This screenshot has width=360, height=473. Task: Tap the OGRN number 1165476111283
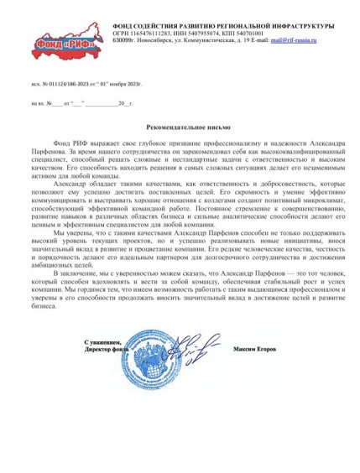click(153, 33)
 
